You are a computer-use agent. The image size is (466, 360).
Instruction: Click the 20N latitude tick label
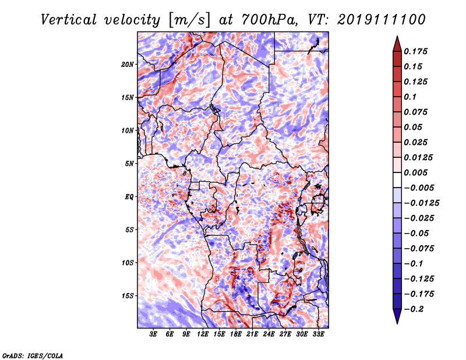127,65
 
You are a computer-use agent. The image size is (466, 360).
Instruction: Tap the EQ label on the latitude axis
129,197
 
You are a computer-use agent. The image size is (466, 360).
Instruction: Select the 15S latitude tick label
127,296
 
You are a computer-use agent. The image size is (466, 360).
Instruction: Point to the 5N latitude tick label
129,164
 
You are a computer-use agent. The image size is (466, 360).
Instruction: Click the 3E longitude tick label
153,334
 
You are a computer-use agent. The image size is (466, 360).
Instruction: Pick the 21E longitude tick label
252,334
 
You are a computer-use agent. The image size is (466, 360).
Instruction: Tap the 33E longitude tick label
318,334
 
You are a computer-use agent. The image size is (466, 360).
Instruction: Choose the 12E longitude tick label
202,334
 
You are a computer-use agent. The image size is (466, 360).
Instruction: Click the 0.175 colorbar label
415,51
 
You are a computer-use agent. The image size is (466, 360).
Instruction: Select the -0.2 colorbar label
414,309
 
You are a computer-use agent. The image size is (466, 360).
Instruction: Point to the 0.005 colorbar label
415,172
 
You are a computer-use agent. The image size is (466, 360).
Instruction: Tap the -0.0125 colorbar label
421,203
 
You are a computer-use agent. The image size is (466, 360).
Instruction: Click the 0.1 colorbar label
410,97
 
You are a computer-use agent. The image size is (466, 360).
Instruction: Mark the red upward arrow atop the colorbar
397,44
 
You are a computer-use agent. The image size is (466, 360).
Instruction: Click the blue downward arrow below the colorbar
397,316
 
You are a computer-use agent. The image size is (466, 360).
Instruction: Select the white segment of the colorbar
397,180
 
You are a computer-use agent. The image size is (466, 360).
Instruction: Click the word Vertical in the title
69,20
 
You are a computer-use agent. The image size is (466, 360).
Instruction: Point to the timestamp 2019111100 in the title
382,20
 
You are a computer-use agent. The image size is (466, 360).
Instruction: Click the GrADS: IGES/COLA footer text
33,356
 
